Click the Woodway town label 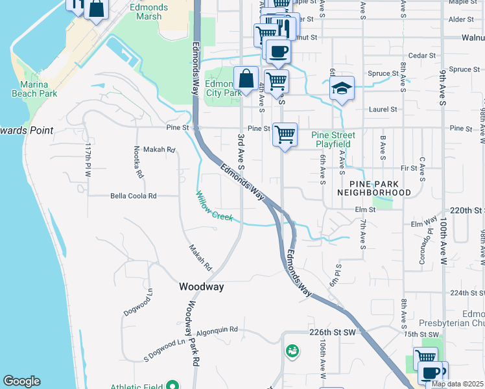click(202, 287)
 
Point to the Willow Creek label click(215, 206)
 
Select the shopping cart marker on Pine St click(285, 135)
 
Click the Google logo click(21, 381)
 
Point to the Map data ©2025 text click(457, 384)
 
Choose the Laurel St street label click(382, 110)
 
